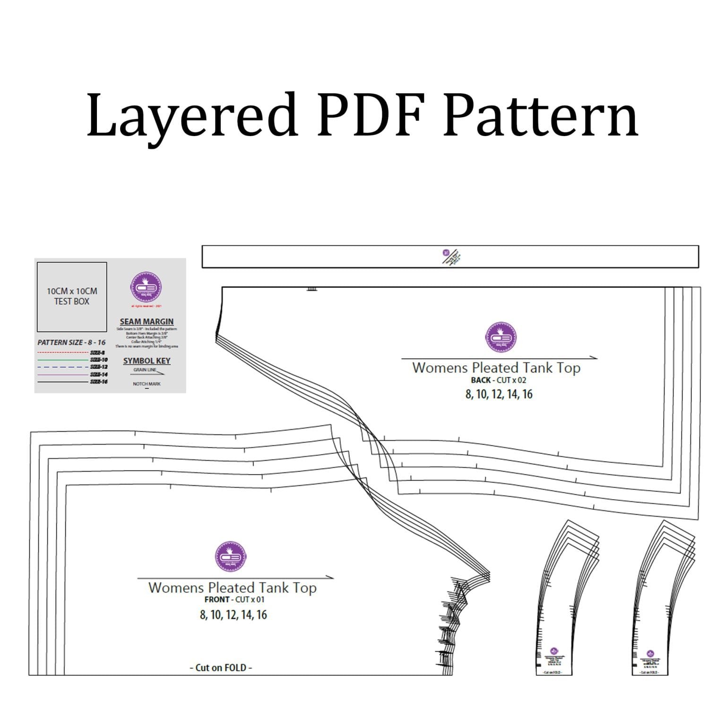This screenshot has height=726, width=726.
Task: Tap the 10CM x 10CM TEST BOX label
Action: [72, 296]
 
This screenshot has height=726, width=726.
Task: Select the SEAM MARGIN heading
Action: [147, 321]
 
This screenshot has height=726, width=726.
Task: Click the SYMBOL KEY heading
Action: [147, 361]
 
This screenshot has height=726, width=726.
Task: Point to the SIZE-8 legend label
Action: [97, 353]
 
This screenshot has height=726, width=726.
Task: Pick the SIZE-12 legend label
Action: [99, 367]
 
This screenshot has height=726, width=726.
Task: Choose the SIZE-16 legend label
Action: [99, 381]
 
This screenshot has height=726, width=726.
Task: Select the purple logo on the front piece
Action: [232, 557]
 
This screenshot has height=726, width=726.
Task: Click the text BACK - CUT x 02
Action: [499, 380]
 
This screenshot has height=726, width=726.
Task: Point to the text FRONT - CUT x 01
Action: [234, 599]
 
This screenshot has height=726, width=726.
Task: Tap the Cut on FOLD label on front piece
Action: [221, 667]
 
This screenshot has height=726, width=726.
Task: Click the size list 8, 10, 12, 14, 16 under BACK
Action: [499, 394]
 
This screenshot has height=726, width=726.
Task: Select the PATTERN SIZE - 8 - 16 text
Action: [71, 342]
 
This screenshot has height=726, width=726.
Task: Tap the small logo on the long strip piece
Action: [445, 253]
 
